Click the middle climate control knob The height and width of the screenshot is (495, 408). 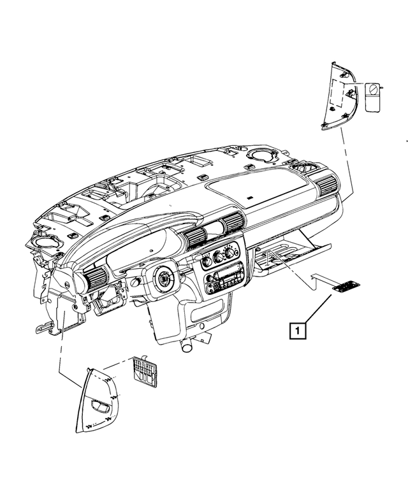pyautogui.click(x=219, y=257)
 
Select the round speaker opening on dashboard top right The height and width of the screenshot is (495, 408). pyautogui.click(x=261, y=155)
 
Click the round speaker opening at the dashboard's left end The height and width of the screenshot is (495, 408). pyautogui.click(x=43, y=243)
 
